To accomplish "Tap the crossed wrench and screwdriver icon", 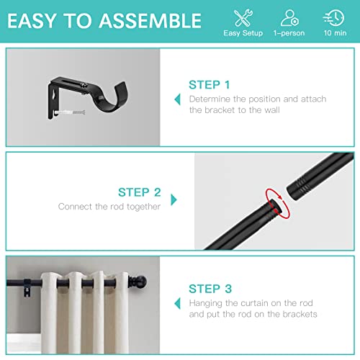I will point(242,17).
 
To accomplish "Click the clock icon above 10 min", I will point(333,17).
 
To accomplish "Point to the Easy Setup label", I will point(243,33).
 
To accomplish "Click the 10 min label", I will point(333,33).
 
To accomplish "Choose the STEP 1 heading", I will point(210,84).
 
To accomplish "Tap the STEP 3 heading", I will point(210,288).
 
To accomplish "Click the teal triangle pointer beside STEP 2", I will point(174,198).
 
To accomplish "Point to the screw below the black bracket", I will point(68,112).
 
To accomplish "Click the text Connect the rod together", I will point(109,207).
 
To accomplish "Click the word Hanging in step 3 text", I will point(206,302).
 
